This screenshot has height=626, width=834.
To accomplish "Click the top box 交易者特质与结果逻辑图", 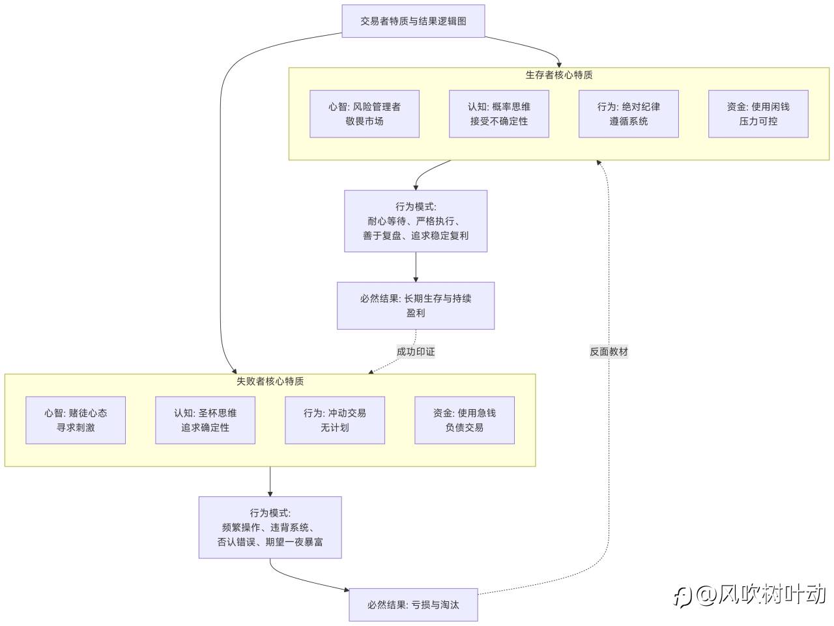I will pyautogui.click(x=413, y=21).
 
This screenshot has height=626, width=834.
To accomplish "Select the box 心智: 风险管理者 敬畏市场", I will pyautogui.click(x=364, y=114).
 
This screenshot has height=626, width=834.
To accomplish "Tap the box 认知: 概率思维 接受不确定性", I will pyautogui.click(x=499, y=114).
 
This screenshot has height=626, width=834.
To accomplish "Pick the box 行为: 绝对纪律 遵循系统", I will pyautogui.click(x=629, y=114).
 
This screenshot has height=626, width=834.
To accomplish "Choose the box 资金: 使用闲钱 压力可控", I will pyautogui.click(x=758, y=114).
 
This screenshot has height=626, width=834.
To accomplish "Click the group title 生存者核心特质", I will pyautogui.click(x=559, y=75).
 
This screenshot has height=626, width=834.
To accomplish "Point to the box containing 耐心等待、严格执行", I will pyautogui.click(x=416, y=221).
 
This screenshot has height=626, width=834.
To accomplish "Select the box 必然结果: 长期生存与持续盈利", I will pyautogui.click(x=416, y=306).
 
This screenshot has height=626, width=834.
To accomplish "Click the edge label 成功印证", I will pyautogui.click(x=416, y=352).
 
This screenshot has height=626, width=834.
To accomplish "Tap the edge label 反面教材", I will pyautogui.click(x=609, y=352).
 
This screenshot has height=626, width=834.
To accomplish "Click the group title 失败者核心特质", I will pyautogui.click(x=270, y=381).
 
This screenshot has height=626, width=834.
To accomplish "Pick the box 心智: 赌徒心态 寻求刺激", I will pyautogui.click(x=76, y=420).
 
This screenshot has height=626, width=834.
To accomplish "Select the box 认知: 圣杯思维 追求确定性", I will pyautogui.click(x=205, y=420).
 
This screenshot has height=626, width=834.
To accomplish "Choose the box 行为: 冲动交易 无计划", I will pyautogui.click(x=335, y=420).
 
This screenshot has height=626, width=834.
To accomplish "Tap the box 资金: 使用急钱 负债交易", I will pyautogui.click(x=465, y=420).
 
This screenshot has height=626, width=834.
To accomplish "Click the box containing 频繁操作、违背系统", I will pyautogui.click(x=270, y=527).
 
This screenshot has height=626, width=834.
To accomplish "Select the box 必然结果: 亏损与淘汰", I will pyautogui.click(x=413, y=605).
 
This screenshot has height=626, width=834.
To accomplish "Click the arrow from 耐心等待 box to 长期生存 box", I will pyautogui.click(x=416, y=267).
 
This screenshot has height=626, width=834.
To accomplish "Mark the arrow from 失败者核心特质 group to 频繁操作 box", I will pyautogui.click(x=270, y=482).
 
